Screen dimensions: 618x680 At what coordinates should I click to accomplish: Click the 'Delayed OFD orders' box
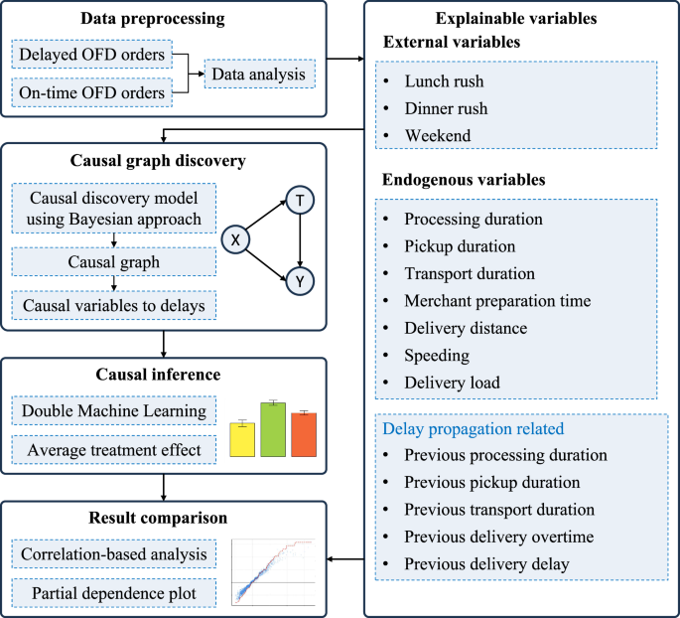click(91, 52)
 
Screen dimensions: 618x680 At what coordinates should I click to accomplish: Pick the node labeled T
click(299, 200)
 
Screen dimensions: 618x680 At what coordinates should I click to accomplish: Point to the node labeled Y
click(299, 281)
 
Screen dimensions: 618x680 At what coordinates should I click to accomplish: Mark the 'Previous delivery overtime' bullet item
click(498, 538)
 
